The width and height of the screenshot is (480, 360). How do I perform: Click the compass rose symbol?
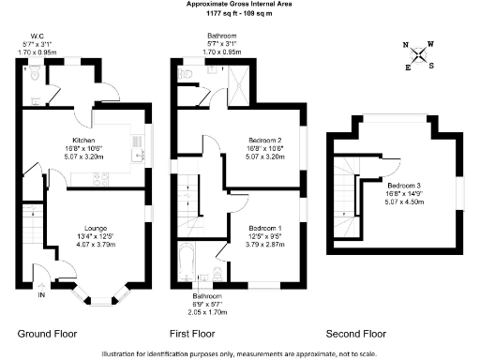pyautogui.click(x=418, y=55)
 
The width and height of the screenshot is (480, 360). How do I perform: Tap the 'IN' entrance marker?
pyautogui.click(x=40, y=295)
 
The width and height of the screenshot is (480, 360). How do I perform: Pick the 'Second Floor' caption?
pyautogui.click(x=355, y=333)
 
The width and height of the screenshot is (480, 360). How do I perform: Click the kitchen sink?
pyautogui.click(x=137, y=145)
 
